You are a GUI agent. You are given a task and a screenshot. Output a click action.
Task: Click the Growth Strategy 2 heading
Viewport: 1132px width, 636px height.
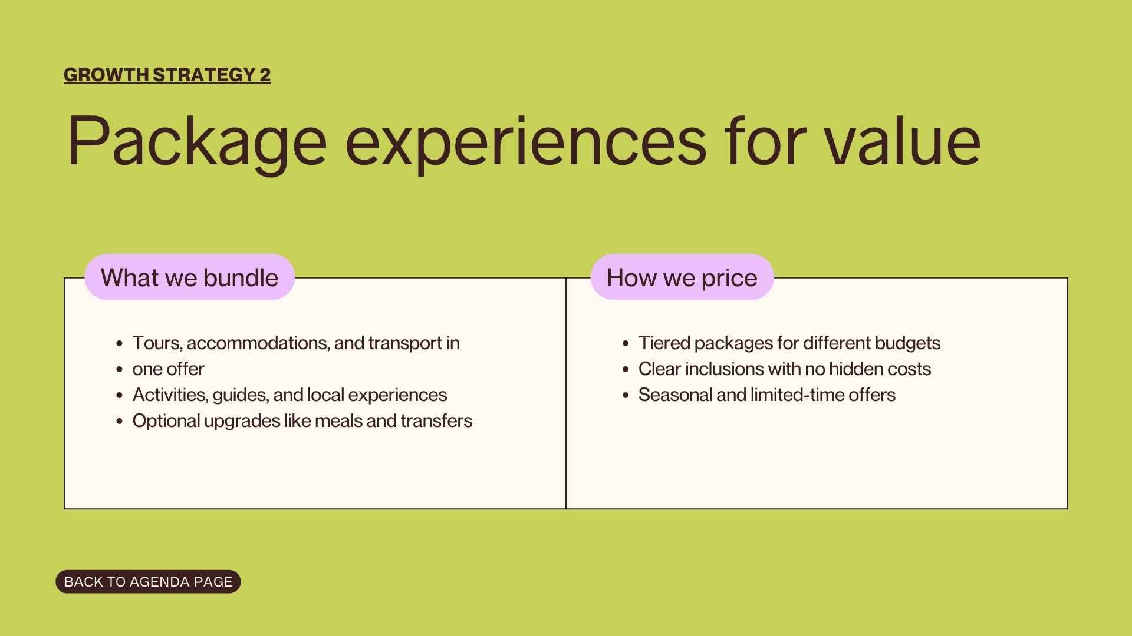[x=167, y=75]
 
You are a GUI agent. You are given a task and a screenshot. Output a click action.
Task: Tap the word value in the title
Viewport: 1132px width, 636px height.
[x=902, y=141]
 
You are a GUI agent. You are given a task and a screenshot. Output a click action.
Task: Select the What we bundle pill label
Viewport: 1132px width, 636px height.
[x=189, y=277]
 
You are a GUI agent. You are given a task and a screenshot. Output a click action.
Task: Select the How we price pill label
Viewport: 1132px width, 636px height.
[x=682, y=277]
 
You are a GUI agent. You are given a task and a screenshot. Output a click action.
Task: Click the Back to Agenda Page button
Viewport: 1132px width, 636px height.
[x=148, y=582]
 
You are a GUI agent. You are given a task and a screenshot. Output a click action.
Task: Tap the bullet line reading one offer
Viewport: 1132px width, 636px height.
[x=168, y=369]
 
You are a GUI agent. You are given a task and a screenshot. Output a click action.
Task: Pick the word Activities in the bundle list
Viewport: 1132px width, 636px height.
[x=170, y=395]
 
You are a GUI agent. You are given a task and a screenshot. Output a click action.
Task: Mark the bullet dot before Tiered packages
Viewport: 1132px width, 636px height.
[x=626, y=344]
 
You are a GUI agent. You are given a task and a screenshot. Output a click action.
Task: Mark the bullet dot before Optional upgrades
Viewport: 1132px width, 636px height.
[x=120, y=422]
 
